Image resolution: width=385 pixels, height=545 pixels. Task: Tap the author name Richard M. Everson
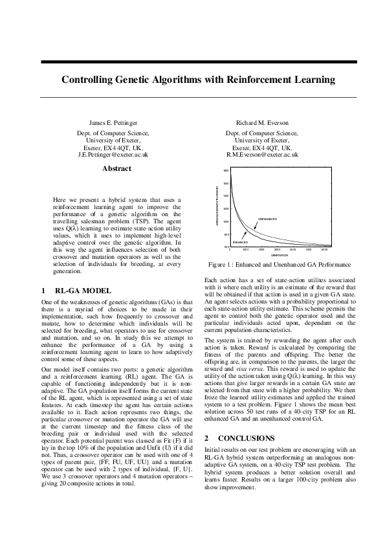tap(262, 122)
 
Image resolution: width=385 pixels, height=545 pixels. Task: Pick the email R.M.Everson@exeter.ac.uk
tap(262, 155)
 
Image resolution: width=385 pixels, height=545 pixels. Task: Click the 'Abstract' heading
tap(116, 169)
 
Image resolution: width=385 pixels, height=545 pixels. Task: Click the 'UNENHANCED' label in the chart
tap(267, 219)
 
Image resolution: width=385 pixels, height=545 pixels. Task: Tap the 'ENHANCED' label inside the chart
tap(240, 241)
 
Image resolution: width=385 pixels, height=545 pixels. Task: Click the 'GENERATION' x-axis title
tap(279, 255)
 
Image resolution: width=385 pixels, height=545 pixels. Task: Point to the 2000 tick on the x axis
tap(261, 249)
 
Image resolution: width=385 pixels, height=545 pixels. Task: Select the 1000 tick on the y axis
tap(226, 221)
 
